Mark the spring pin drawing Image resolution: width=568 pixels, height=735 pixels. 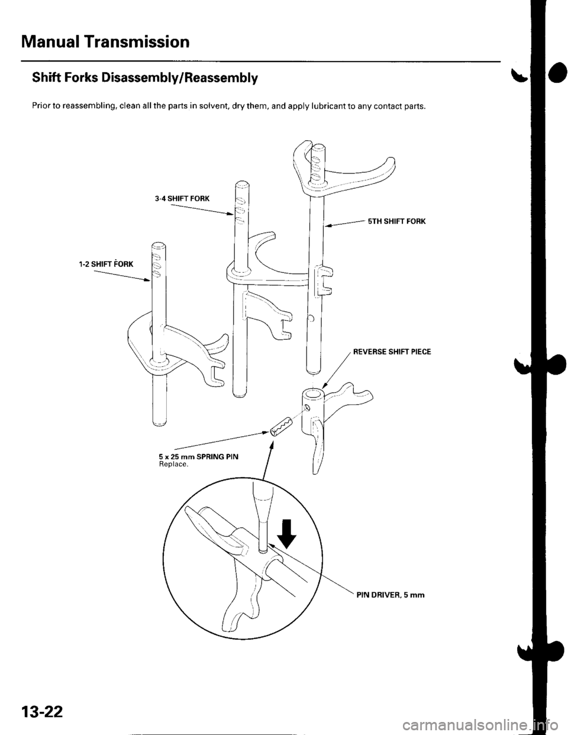(281, 425)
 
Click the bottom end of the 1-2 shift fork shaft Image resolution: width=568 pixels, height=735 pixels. (158, 421)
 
